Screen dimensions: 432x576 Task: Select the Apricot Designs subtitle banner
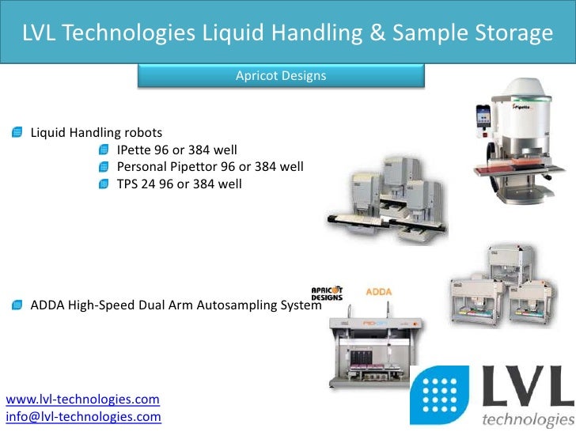(x=281, y=76)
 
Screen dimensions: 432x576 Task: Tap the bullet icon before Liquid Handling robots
(x=17, y=132)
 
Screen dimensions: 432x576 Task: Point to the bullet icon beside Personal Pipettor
(x=104, y=167)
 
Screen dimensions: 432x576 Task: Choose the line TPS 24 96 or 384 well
(x=179, y=184)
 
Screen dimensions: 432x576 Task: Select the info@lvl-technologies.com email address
(x=83, y=416)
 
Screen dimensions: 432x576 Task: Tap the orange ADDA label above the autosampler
(x=378, y=291)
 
